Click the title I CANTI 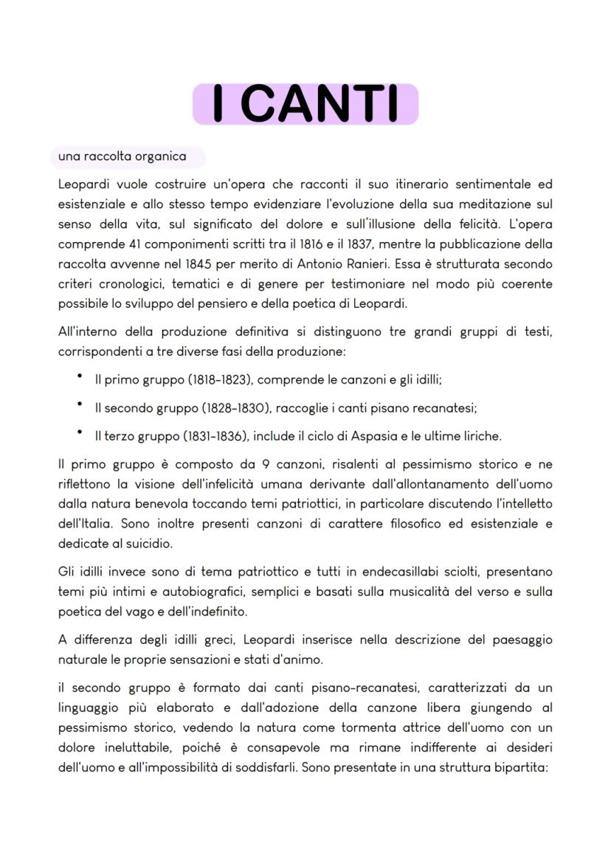[305, 104]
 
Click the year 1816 [303, 244]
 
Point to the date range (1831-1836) [210, 435]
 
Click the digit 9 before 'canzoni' [266, 465]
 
